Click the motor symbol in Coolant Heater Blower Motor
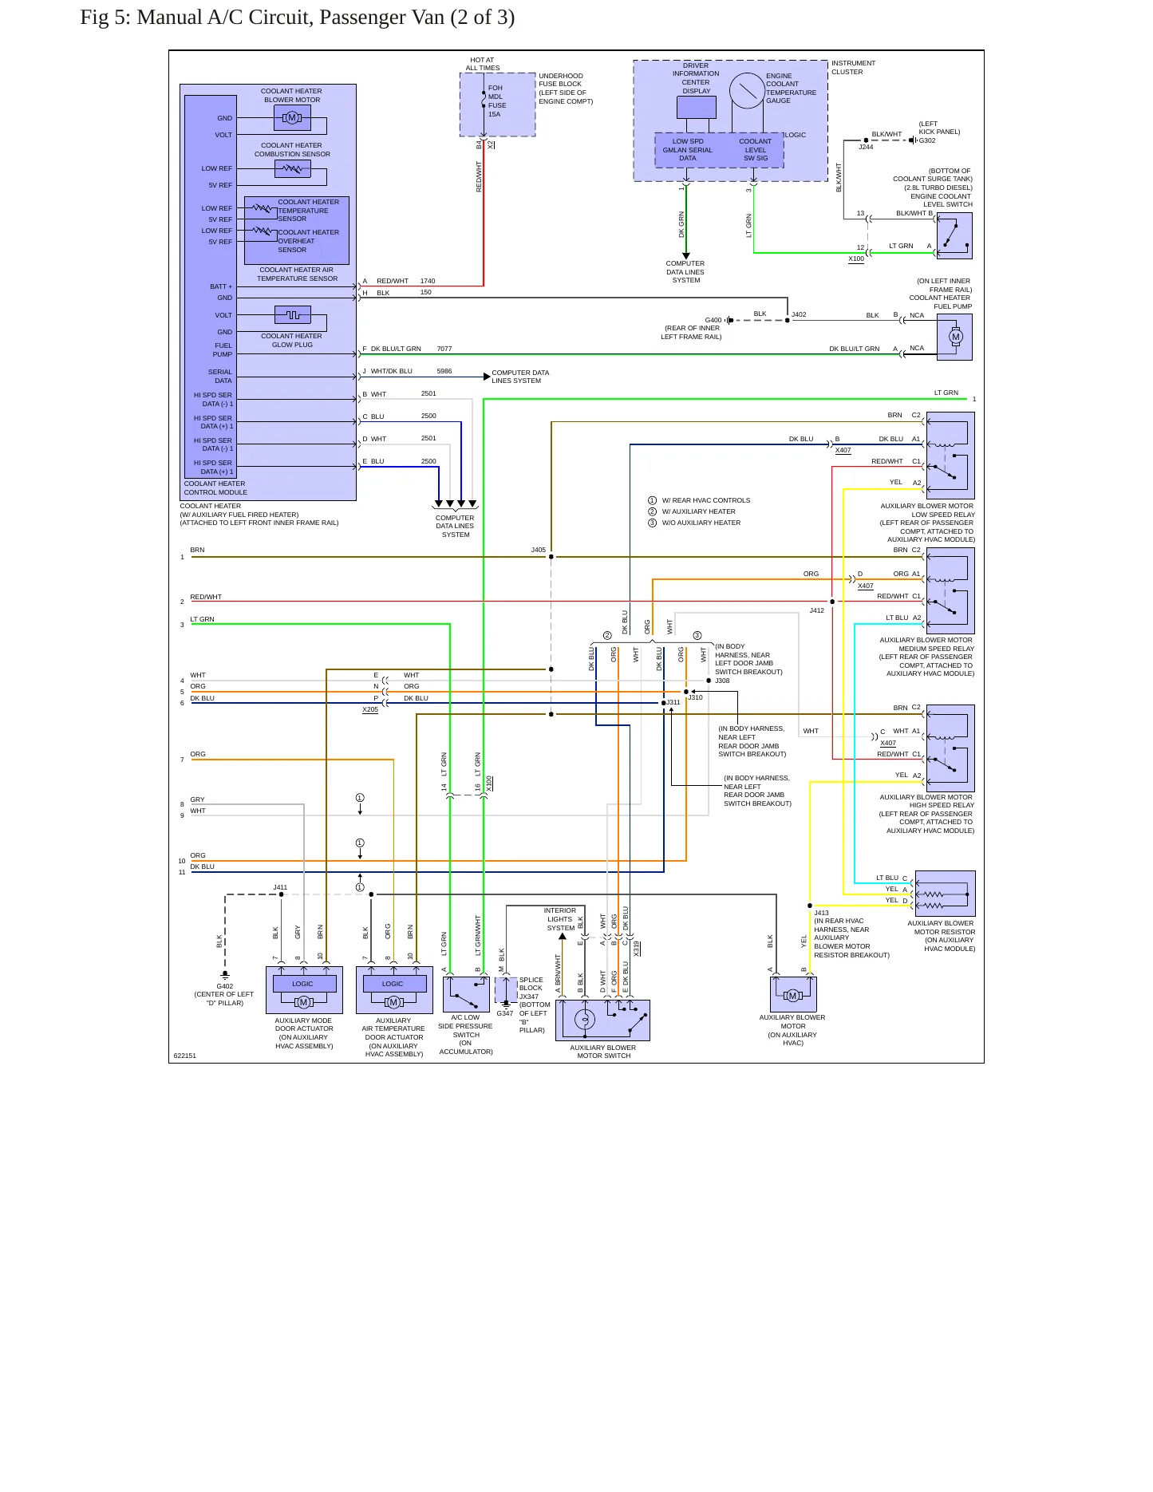[x=292, y=118]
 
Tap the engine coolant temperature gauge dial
[x=747, y=91]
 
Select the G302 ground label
[x=927, y=140]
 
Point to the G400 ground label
[x=713, y=320]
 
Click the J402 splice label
[x=799, y=314]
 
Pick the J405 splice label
[x=539, y=550]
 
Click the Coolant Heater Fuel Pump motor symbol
[x=955, y=337]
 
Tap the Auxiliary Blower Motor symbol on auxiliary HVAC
[x=792, y=996]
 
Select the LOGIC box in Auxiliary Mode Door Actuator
[x=303, y=984]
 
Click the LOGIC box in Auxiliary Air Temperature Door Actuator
[x=393, y=984]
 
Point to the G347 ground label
[x=505, y=1013]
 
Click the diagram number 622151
[x=185, y=1056]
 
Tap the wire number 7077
[x=444, y=349]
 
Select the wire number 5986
[x=444, y=371]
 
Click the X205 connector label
[x=370, y=709]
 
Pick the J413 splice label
[x=821, y=913]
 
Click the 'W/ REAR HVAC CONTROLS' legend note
[x=706, y=500]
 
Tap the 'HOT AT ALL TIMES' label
[x=483, y=64]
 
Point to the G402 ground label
[x=225, y=986]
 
